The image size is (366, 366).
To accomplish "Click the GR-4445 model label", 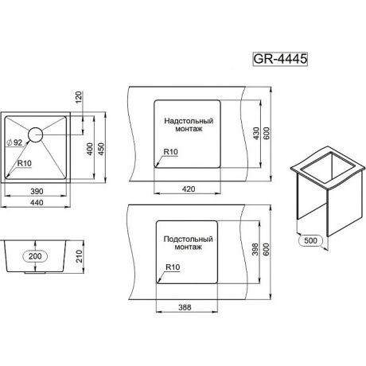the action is coord(280,59).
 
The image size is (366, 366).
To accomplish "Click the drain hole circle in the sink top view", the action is coord(35,134).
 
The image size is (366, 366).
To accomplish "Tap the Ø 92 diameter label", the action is coord(14,142).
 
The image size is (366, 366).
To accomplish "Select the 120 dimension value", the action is coord(80,97).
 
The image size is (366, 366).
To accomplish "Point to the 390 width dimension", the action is coord(37,191).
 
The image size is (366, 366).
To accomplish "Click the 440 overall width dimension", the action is coord(37,202).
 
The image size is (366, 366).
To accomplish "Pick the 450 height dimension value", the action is coord(101,149).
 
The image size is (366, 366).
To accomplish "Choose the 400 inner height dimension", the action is coord(90,149).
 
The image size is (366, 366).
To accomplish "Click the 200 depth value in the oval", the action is coord(35,256).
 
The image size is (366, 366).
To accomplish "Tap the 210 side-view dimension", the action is coord(80,256).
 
